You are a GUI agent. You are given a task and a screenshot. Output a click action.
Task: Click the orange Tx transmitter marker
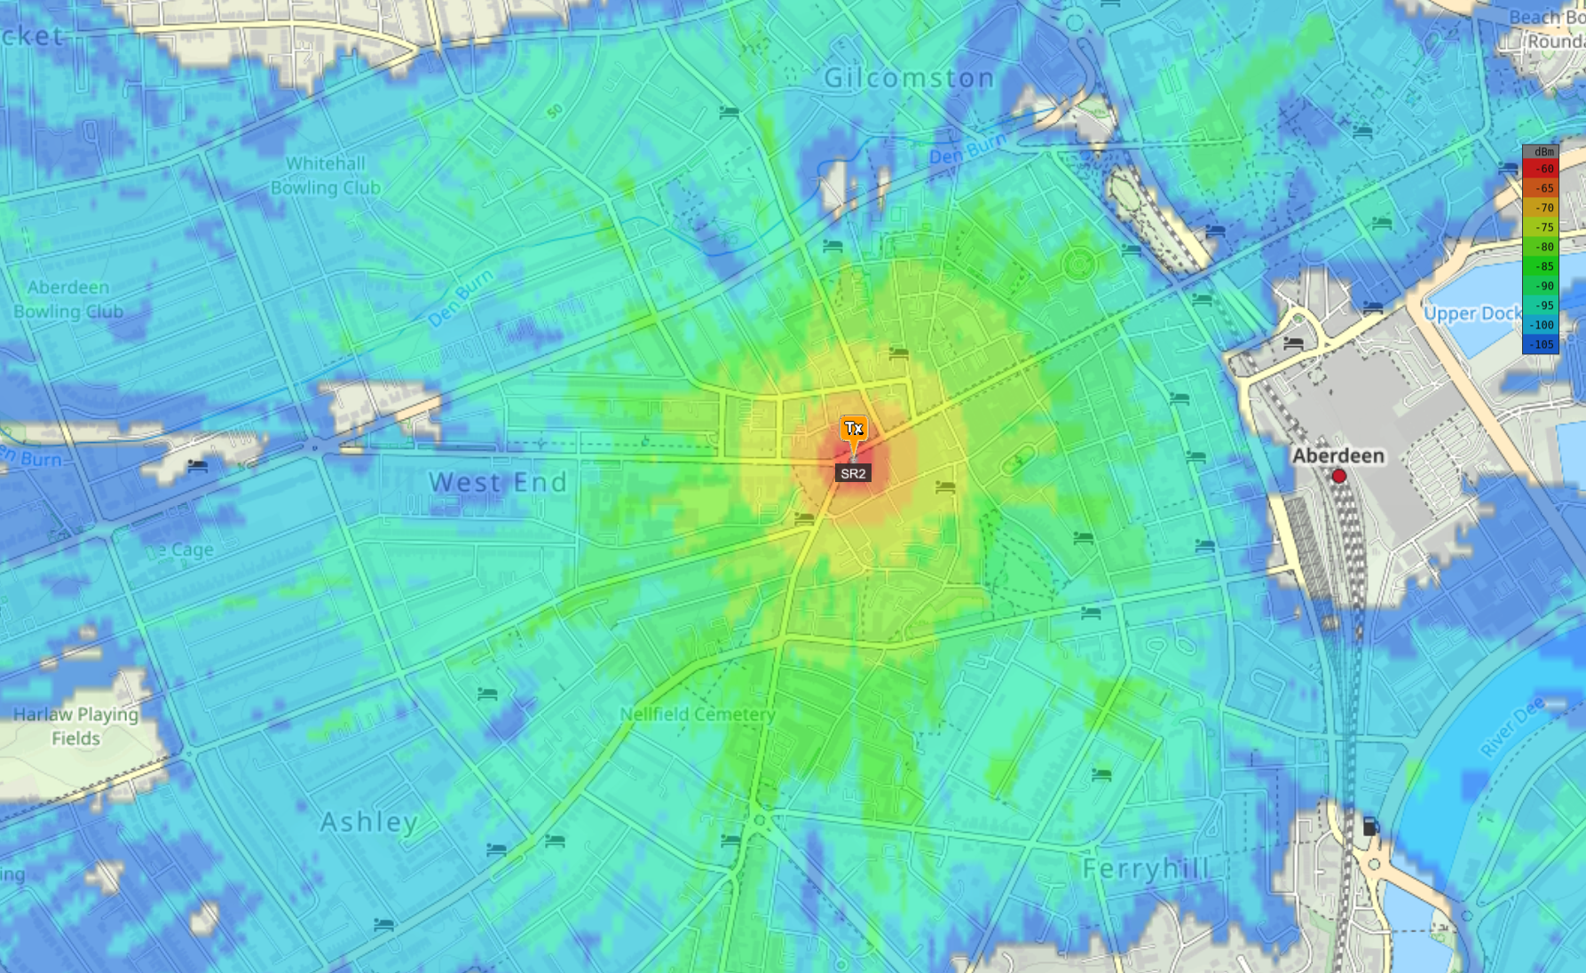point(854,430)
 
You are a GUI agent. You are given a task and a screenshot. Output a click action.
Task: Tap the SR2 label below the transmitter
point(853,473)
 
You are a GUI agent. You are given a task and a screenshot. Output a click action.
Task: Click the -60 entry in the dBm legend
point(1541,169)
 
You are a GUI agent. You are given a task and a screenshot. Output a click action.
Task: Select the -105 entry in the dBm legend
point(1541,344)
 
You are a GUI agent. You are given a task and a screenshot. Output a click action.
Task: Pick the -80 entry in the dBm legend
point(1541,247)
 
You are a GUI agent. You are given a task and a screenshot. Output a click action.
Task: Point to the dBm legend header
point(1541,152)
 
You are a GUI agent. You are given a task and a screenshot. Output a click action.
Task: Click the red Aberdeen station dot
point(1338,476)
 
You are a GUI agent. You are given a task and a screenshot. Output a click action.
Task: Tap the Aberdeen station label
point(1337,455)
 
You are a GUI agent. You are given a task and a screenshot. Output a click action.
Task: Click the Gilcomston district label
point(909,78)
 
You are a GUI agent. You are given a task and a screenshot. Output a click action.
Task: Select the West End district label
point(498,482)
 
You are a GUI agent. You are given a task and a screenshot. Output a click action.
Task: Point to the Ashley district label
point(369,821)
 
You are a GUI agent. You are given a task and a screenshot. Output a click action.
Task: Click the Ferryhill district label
point(1146,868)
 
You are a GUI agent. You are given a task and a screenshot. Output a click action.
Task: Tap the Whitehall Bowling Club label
point(326,176)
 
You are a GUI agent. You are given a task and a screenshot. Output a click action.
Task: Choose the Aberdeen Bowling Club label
point(68,299)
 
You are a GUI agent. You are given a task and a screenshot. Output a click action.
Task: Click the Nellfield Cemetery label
point(698,714)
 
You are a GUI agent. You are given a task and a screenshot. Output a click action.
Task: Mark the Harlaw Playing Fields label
point(75,726)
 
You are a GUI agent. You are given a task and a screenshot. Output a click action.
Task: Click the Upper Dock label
point(1472,313)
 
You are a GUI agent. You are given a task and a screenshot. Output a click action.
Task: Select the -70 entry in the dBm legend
point(1541,208)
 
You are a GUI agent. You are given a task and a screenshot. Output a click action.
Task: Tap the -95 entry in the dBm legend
point(1541,305)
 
